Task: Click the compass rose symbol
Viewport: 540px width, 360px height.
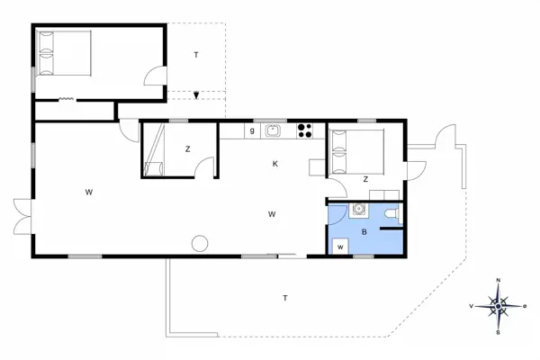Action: (498, 306)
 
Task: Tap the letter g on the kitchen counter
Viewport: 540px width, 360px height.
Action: (252, 130)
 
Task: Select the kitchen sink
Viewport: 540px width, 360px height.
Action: (274, 130)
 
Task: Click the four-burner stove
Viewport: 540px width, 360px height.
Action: (305, 130)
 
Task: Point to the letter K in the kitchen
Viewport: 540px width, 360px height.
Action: (275, 164)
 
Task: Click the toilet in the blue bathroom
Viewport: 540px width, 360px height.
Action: (389, 213)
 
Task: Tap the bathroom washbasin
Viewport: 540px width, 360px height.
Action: (359, 211)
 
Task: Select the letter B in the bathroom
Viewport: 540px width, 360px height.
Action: (364, 231)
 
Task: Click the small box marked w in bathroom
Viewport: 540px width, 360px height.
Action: (341, 247)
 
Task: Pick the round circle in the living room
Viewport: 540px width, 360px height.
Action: (200, 243)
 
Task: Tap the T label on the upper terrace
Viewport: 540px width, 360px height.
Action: (195, 56)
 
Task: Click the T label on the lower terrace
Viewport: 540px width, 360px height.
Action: (285, 298)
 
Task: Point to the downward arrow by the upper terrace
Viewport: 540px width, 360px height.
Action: (195, 94)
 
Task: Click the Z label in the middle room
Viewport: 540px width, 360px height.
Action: (187, 149)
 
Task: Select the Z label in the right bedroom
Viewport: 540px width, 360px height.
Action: (365, 179)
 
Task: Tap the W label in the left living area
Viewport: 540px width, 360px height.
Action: (89, 192)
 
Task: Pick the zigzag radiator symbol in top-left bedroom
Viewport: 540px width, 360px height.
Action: (66, 99)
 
